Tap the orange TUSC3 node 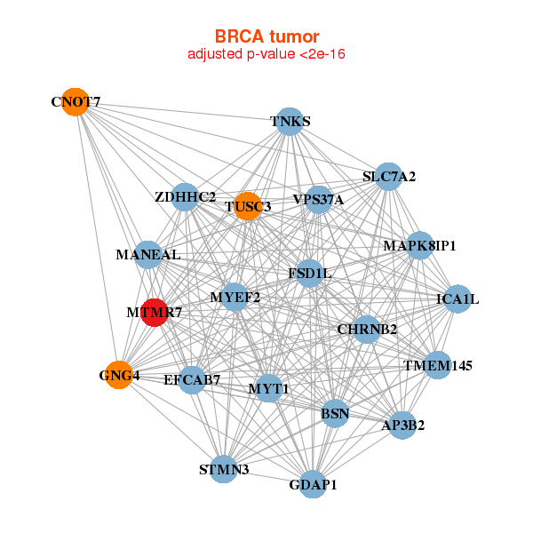(248, 206)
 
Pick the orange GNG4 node (118, 375)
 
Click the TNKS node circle (290, 122)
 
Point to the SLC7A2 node (388, 177)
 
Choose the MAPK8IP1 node (420, 245)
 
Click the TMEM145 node (437, 365)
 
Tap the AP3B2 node (402, 425)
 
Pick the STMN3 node (224, 469)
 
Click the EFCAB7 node (192, 380)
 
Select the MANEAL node (148, 255)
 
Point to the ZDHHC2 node (185, 196)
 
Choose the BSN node (335, 413)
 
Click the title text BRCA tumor (266, 36)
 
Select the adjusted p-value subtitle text (266, 55)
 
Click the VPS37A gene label (318, 200)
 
